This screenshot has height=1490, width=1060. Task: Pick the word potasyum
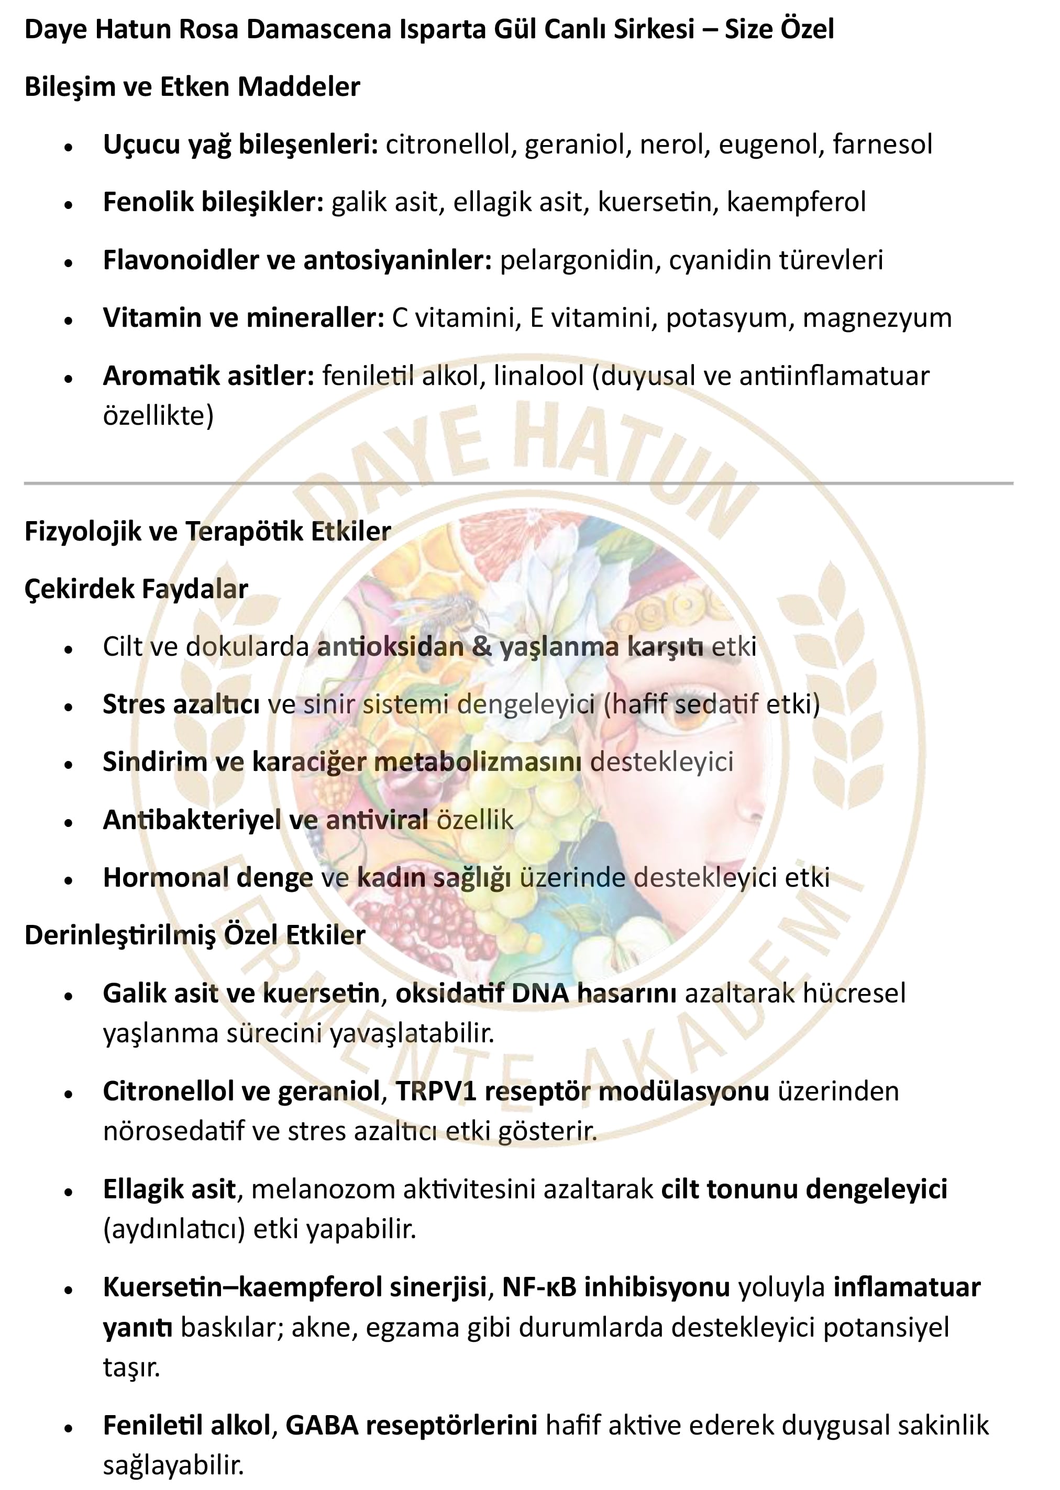click(x=726, y=318)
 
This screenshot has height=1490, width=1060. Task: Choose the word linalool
click(x=538, y=376)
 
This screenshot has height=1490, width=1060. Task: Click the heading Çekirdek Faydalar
click(x=136, y=589)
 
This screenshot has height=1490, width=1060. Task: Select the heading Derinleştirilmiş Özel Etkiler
click(x=194, y=935)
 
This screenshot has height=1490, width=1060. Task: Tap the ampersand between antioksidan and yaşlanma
click(x=482, y=646)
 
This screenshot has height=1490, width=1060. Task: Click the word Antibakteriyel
click(x=192, y=820)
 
